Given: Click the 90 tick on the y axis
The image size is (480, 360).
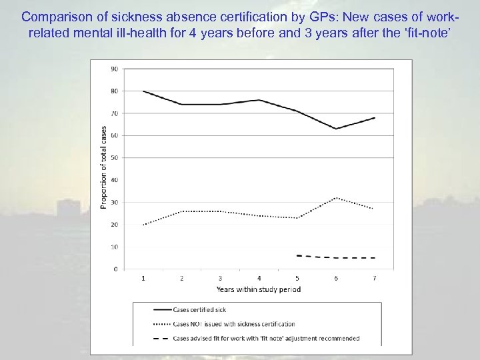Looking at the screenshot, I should pyautogui.click(x=114, y=69).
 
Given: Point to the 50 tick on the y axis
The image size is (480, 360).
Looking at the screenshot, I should pyautogui.click(x=114, y=158).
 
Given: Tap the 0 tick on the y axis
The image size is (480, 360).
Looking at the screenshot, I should pyautogui.click(x=116, y=269).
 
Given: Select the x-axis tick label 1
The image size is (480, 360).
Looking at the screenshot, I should pyautogui.click(x=143, y=278).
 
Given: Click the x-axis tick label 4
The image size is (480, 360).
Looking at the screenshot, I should pyautogui.click(x=259, y=278).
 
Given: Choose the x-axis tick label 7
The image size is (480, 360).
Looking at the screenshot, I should pyautogui.click(x=374, y=278).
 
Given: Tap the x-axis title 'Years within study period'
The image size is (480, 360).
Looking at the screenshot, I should pyautogui.click(x=259, y=289).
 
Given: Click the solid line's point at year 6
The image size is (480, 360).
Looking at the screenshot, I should pyautogui.click(x=336, y=129).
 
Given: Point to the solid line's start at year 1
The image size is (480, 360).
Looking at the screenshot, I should pyautogui.click(x=143, y=91).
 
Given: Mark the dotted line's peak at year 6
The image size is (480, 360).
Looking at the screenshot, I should pyautogui.click(x=336, y=197).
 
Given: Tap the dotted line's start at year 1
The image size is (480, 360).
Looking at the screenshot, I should pyautogui.click(x=143, y=225).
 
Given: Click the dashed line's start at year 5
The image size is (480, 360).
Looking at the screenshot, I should pyautogui.click(x=297, y=255).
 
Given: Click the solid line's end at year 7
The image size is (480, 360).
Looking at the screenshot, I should pyautogui.click(x=375, y=118).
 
